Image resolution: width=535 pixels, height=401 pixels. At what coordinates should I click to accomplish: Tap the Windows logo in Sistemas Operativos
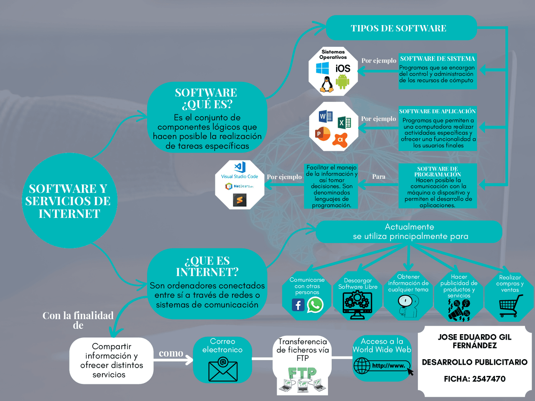point(322,68)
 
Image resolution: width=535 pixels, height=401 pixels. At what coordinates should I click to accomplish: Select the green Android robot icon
point(342,82)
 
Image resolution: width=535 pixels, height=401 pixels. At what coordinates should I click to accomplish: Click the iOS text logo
point(343,69)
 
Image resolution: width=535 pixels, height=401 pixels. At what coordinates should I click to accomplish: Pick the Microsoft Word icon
point(325,117)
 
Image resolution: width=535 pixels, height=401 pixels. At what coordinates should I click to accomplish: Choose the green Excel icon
point(344,122)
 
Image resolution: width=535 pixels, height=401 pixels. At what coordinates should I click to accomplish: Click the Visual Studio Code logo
point(239,167)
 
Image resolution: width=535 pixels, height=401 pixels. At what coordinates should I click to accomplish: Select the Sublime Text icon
point(239,200)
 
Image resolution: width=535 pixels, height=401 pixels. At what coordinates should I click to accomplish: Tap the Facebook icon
point(298,305)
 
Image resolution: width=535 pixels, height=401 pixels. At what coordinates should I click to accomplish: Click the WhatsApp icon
point(315,305)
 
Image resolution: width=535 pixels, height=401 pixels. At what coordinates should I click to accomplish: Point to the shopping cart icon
point(510,306)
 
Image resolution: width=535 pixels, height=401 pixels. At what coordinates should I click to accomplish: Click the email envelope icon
point(223,369)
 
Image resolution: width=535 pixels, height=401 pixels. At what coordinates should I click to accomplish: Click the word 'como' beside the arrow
point(171,353)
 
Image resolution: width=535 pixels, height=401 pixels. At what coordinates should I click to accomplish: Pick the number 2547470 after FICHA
point(489,379)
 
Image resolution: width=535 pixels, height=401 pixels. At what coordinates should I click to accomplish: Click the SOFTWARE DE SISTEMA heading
point(437,59)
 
